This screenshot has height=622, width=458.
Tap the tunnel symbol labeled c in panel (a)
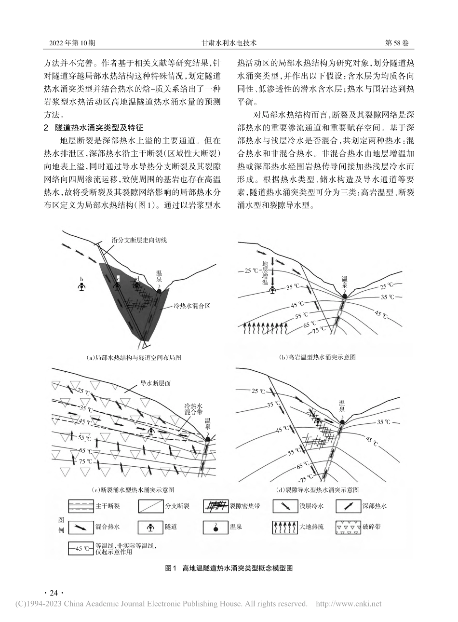(x=117, y=286)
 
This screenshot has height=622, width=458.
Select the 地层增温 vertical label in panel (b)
(x=264, y=273)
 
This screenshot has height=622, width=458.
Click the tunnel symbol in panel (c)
(x=152, y=432)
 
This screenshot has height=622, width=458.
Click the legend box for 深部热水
(x=350, y=506)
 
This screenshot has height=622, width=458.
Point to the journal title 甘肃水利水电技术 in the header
(x=229, y=43)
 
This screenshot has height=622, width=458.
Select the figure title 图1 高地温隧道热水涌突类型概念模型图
(x=229, y=568)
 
